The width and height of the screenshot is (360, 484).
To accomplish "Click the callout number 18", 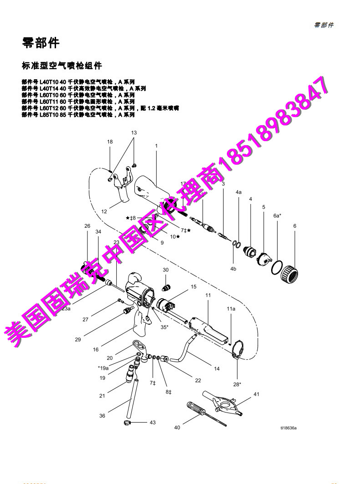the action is [x=110, y=142].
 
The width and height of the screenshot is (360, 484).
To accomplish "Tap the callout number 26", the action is [x=87, y=225].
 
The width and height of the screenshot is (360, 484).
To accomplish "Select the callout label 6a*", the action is [x=277, y=215].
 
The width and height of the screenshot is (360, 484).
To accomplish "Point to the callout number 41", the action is [x=256, y=394].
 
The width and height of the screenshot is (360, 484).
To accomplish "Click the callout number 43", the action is [x=152, y=423].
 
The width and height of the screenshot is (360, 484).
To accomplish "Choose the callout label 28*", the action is [x=237, y=384].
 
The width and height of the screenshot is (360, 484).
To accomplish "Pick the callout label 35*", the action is [x=164, y=326].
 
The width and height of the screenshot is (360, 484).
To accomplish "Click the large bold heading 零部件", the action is [x=41, y=43].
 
